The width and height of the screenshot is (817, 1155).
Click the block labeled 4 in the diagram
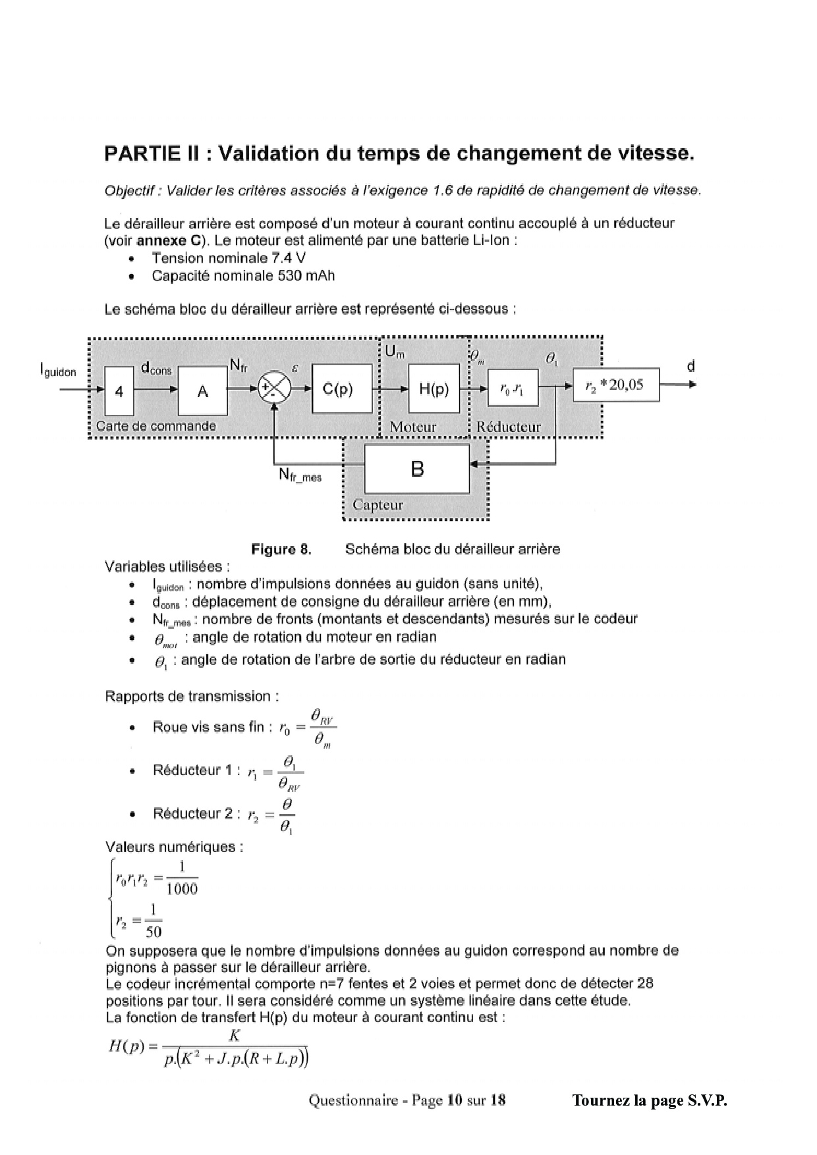click(x=119, y=391)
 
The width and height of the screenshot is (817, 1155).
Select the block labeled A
click(x=203, y=391)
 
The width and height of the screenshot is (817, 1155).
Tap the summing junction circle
click(x=273, y=389)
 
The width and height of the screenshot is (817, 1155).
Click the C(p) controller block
click(x=342, y=389)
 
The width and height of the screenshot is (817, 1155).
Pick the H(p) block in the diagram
click(x=434, y=389)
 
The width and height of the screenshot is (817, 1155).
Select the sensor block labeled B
click(x=417, y=469)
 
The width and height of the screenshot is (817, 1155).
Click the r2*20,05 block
click(x=616, y=385)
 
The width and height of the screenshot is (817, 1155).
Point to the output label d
click(x=690, y=366)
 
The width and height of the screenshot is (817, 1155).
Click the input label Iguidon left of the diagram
click(x=58, y=371)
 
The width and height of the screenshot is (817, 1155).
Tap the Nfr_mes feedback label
click(x=300, y=475)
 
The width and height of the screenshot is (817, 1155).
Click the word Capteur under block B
click(x=378, y=505)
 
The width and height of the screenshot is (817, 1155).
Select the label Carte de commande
click(x=155, y=426)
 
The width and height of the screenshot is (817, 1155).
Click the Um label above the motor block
click(x=395, y=352)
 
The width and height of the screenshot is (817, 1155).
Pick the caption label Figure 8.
click(x=281, y=549)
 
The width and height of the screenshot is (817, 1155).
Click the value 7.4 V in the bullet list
click(x=289, y=258)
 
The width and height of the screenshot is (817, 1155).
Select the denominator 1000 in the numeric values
click(x=182, y=889)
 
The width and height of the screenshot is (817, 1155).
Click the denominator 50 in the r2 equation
click(x=154, y=931)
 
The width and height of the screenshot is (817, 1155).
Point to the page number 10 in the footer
click(x=454, y=1100)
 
